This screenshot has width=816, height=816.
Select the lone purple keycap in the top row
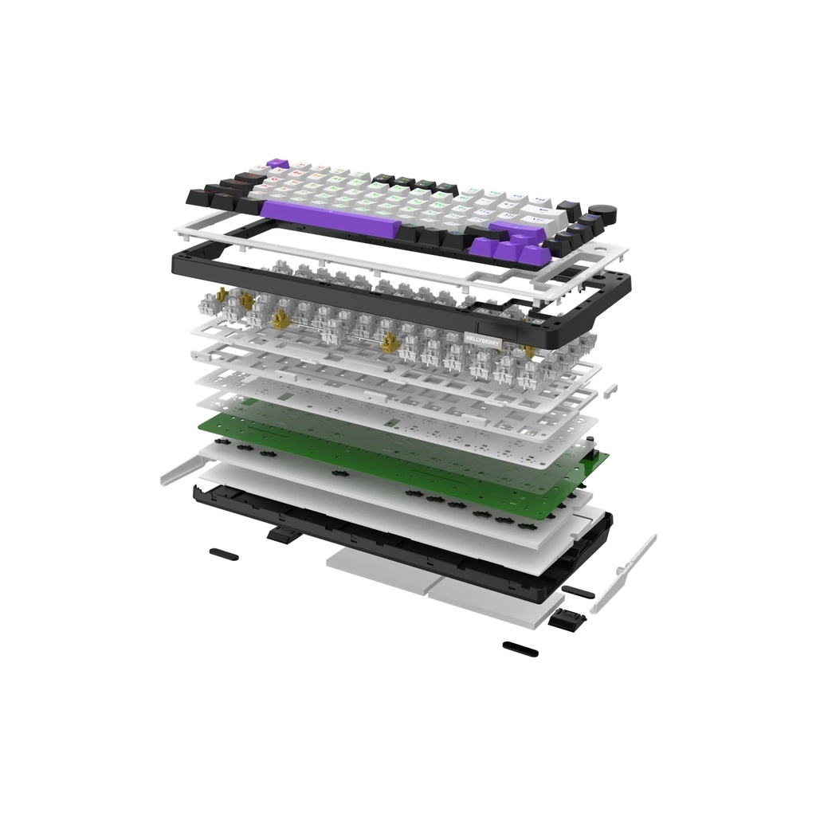(278, 163)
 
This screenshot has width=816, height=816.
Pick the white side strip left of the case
(179, 469)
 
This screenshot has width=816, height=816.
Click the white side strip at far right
(630, 570)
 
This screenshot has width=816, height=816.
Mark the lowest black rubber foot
(520, 649)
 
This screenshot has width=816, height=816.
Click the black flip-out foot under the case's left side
(279, 534)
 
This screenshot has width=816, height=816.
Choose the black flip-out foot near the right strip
(563, 621)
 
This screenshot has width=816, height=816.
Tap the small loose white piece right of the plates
(610, 390)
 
